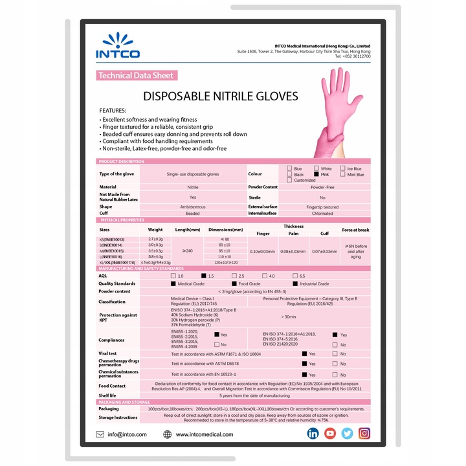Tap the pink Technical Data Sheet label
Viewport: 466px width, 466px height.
(x=136, y=76)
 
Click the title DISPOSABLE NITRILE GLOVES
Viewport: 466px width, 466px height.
(x=220, y=96)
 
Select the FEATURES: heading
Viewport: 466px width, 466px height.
(x=113, y=111)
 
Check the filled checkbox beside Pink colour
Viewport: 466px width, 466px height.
(x=316, y=174)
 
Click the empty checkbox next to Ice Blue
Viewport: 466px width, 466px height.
(x=342, y=168)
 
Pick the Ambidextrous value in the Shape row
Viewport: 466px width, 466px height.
(x=192, y=207)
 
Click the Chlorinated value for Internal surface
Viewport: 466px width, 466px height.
(x=322, y=213)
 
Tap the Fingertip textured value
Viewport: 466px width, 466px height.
(x=322, y=207)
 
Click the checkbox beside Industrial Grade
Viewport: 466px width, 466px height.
(x=295, y=283)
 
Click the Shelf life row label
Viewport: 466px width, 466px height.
(x=108, y=395)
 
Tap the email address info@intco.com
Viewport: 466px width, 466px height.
(x=128, y=434)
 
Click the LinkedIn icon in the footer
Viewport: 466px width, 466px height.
(x=313, y=434)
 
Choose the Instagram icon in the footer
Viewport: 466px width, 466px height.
(x=365, y=434)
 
